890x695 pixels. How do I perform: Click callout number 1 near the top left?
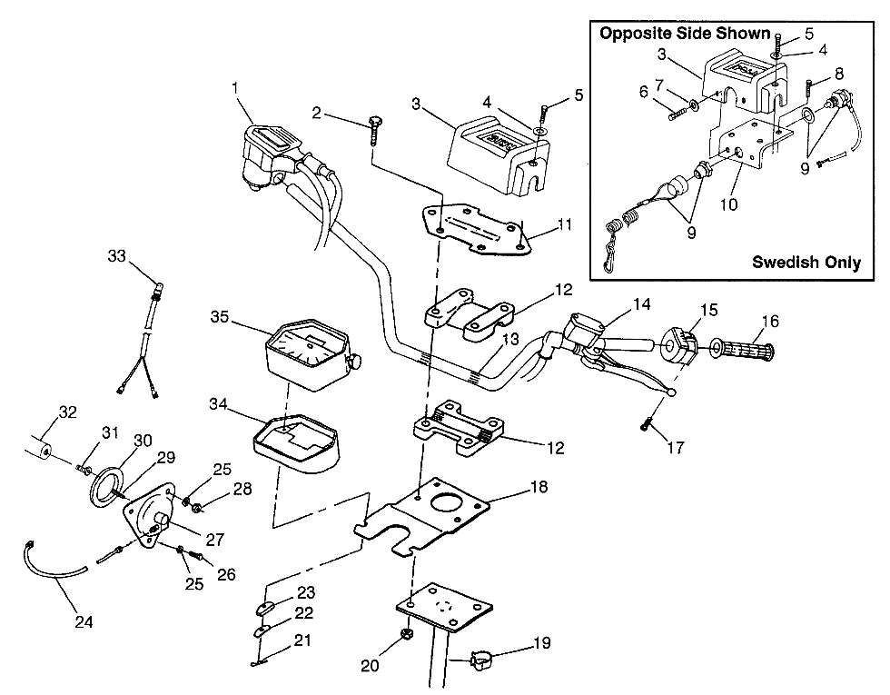pos(235,88)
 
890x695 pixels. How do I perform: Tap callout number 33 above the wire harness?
pos(116,257)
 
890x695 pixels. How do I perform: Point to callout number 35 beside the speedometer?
pos(218,317)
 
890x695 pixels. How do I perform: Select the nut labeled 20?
pos(407,634)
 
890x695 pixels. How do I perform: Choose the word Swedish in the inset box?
pos(781,263)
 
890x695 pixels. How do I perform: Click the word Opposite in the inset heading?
pos(633,34)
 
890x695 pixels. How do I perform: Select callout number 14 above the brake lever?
pos(642,304)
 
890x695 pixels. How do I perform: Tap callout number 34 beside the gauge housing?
pos(218,402)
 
